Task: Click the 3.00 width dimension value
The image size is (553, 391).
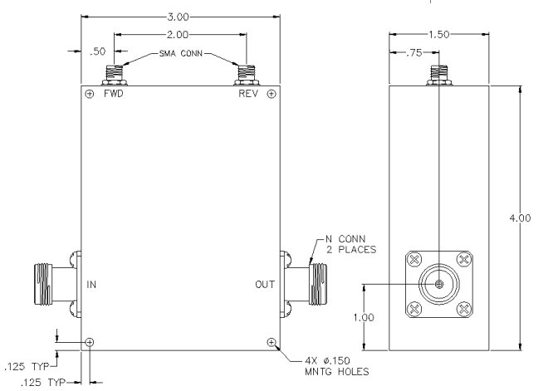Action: (178, 17)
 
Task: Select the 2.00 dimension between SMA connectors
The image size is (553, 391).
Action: (178, 35)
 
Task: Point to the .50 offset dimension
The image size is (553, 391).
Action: (97, 51)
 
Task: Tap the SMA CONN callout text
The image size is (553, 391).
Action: (181, 53)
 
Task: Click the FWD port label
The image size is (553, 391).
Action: (114, 94)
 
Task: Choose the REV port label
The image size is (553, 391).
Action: (248, 94)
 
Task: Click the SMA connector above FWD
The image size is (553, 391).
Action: (115, 75)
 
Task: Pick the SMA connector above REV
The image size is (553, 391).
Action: (247, 75)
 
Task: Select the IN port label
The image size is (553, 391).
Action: (91, 285)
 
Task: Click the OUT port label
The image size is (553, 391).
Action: (265, 285)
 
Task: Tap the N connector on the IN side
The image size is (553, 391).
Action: (58, 285)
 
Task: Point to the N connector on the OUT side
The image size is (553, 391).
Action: (303, 285)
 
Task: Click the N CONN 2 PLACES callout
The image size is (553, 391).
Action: (351, 244)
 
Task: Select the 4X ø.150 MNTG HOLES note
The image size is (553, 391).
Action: (337, 366)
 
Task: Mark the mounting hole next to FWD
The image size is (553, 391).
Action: (90, 94)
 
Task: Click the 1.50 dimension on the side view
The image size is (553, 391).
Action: (438, 34)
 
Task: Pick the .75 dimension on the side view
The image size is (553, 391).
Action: (414, 52)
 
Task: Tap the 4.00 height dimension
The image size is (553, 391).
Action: (520, 217)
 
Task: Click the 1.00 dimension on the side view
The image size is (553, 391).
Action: (364, 317)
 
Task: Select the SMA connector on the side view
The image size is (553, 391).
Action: (439, 75)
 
